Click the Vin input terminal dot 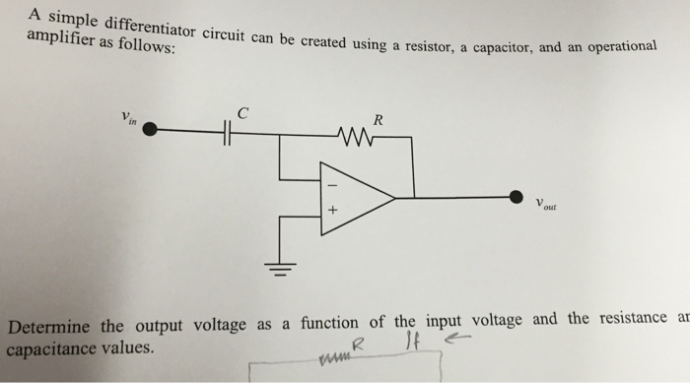pos(150,128)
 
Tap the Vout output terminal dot pos(516,198)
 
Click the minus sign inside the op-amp pos(332,184)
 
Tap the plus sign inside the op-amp pos(332,211)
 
